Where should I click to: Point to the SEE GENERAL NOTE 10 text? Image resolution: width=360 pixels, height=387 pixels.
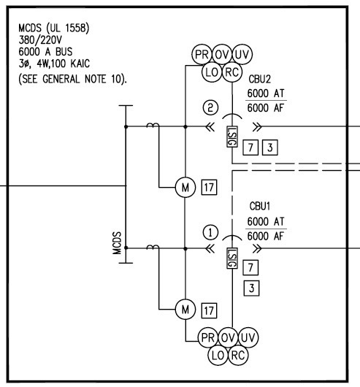[x=72, y=78]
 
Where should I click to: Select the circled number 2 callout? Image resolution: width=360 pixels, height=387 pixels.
[x=210, y=108]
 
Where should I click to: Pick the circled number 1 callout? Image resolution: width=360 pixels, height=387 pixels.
[x=210, y=232]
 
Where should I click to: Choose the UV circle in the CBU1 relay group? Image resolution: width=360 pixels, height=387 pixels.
[x=248, y=337]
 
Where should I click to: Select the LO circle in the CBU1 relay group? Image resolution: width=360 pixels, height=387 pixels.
[x=217, y=356]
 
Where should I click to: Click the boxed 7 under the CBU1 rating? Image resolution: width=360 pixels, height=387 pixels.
[x=250, y=267]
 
